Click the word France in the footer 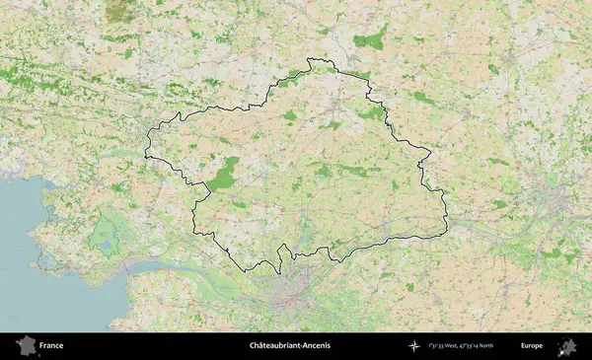point(51,345)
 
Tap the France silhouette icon point(26,345)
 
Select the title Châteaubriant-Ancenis point(290,345)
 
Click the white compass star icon point(415,345)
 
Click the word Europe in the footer point(532,345)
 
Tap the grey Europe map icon point(567,345)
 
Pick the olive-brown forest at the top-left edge point(120,11)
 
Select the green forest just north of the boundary point(369,39)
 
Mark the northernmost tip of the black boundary point(311,58)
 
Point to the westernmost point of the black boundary point(145,155)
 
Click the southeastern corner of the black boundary point(444,235)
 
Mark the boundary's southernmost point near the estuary point(244,272)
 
